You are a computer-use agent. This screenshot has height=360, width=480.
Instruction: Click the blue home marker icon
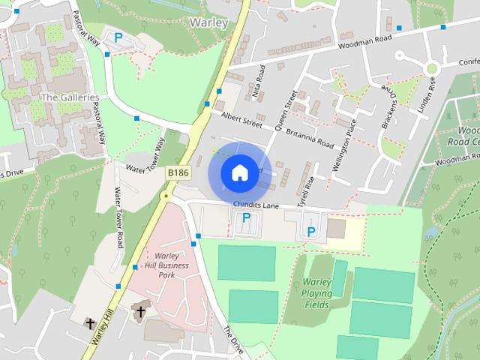click(x=238, y=173)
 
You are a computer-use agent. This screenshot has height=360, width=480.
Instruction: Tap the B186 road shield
click(x=178, y=172)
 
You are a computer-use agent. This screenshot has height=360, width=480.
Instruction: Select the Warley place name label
click(x=208, y=22)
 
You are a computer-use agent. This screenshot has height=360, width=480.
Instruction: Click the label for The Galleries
click(x=69, y=97)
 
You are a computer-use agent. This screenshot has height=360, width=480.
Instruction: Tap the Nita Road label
click(x=259, y=82)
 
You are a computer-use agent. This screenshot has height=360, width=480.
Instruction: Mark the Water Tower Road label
click(x=118, y=217)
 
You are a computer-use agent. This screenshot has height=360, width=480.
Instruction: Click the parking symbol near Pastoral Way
click(x=117, y=37)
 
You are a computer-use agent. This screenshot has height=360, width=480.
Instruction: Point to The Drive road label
click(x=233, y=340)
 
